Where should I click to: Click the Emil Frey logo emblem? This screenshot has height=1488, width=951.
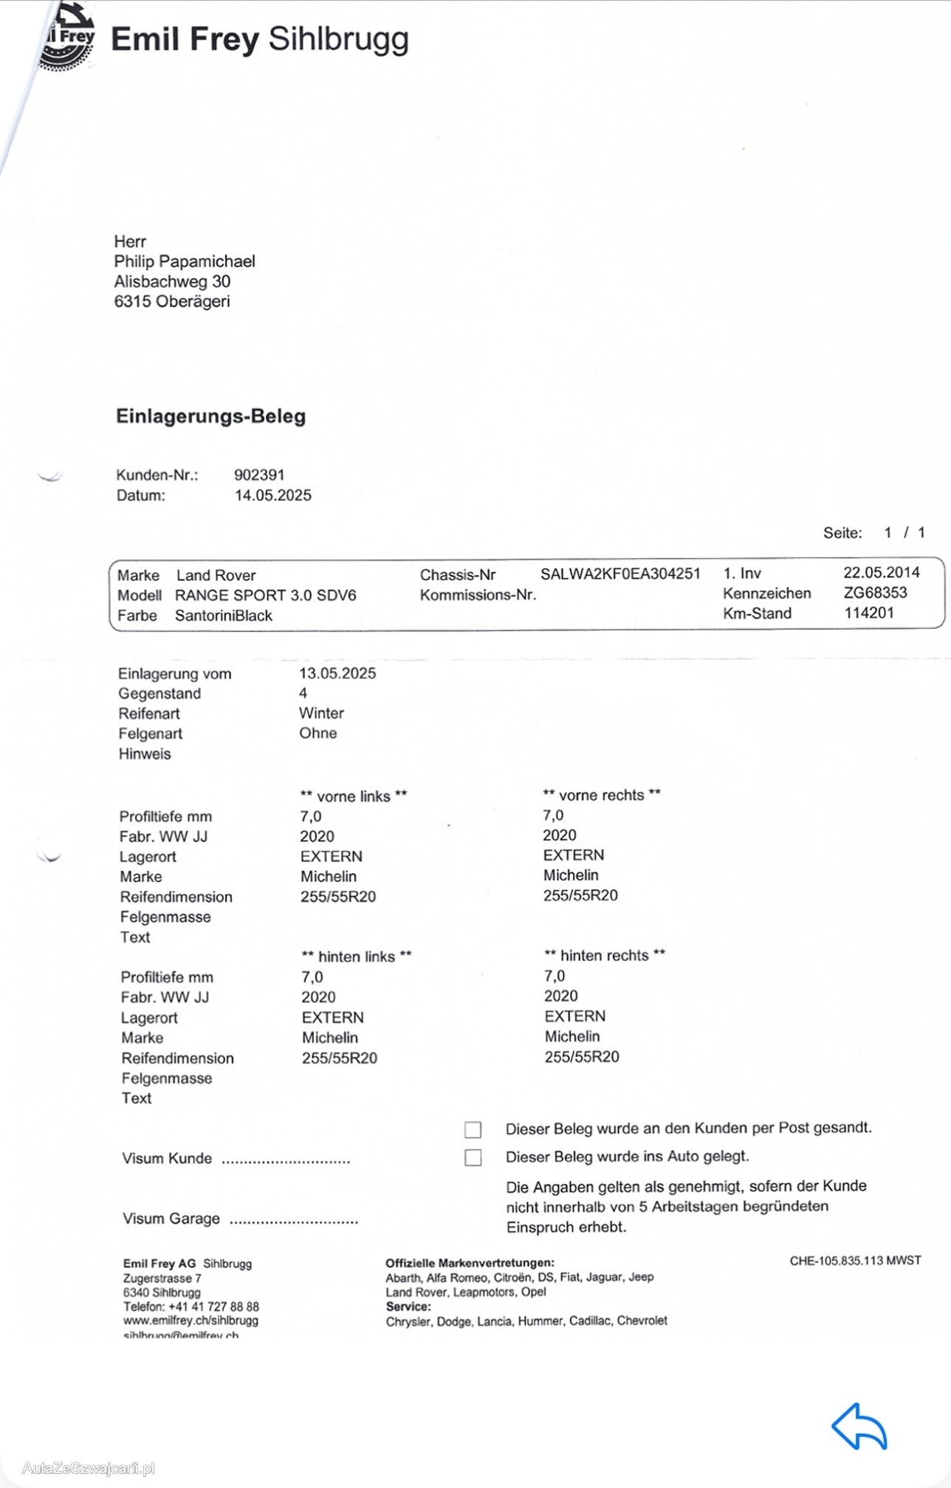click(x=68, y=37)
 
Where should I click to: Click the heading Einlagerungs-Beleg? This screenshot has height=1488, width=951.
click(x=210, y=416)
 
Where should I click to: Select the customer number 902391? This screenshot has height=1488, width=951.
click(x=259, y=475)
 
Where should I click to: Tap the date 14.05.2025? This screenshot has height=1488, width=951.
click(x=273, y=495)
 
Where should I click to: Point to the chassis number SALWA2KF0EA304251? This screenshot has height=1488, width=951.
click(x=620, y=573)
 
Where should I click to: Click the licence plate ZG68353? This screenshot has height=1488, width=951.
click(x=875, y=593)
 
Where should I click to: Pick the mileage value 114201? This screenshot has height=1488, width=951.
click(x=869, y=613)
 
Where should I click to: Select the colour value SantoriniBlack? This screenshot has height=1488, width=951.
click(x=224, y=616)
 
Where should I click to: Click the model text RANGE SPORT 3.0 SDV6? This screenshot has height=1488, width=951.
click(x=266, y=596)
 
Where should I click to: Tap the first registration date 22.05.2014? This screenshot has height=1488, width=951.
click(x=882, y=573)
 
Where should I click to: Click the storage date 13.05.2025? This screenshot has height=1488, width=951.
click(x=337, y=673)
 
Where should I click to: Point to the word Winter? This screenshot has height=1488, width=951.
click(x=321, y=713)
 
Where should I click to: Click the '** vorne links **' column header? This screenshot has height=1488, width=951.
click(x=354, y=796)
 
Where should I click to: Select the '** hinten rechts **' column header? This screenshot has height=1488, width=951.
click(x=605, y=955)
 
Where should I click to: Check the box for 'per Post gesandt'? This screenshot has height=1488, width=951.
click(x=473, y=1129)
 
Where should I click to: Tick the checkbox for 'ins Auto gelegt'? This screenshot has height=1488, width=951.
click(x=473, y=1157)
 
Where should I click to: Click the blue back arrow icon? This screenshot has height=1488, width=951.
click(x=859, y=1426)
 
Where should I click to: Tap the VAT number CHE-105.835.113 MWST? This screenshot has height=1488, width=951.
click(x=855, y=1261)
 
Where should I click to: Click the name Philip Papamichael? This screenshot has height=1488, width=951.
click(x=185, y=261)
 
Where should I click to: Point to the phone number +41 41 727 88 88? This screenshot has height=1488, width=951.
click(x=213, y=1306)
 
